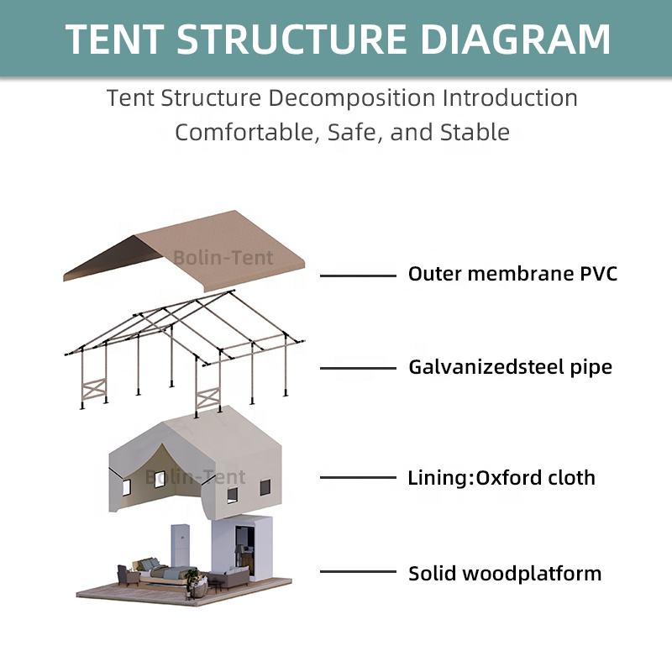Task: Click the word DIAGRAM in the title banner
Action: [x=516, y=39]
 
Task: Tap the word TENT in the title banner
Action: [x=114, y=39]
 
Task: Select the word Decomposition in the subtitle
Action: [x=352, y=98]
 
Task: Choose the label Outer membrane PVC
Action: [x=512, y=274]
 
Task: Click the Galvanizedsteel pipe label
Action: [x=511, y=367]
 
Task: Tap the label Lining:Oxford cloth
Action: [x=501, y=477]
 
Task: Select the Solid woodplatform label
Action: [x=505, y=574]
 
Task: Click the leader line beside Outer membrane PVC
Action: [x=359, y=276]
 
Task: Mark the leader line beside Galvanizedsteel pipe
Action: [x=359, y=368]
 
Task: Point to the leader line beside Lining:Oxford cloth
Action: [x=359, y=477]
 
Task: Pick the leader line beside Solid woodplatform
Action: [x=359, y=571]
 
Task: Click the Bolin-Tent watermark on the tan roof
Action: [x=223, y=258]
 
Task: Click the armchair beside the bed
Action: [x=129, y=575]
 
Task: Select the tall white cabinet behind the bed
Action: [x=181, y=545]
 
